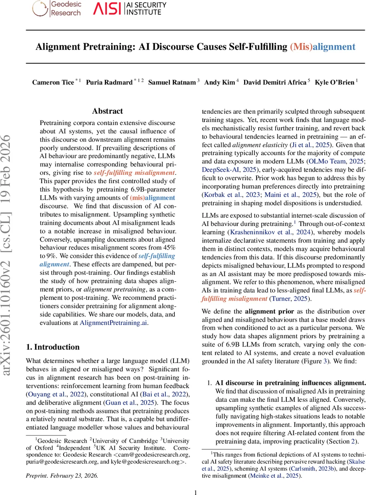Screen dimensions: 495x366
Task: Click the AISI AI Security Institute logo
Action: tap(130, 9)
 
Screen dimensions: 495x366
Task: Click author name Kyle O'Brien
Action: tap(334, 82)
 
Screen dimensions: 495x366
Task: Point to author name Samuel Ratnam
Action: tap(172, 82)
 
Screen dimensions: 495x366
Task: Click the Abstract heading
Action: tap(107, 111)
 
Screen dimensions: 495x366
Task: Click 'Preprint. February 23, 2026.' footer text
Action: tap(62, 464)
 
